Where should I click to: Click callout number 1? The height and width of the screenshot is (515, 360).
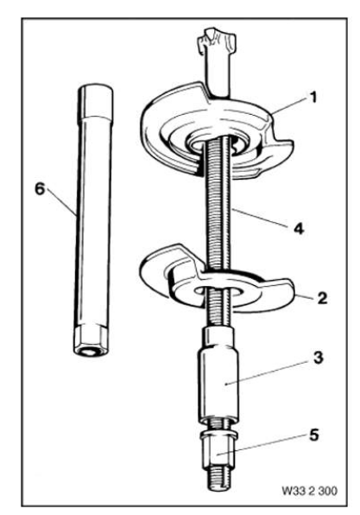pos(313,98)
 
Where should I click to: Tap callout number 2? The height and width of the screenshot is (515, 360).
pos(322,298)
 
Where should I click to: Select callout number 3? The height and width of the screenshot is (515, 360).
pos(318,358)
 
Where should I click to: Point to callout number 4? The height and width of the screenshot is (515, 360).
pos(299,229)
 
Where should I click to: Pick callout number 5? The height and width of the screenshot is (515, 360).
pos(313,436)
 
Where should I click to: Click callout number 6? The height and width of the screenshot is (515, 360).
pos(40,189)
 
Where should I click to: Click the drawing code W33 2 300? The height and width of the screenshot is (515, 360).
pos(309,491)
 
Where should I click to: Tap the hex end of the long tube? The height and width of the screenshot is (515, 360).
pos(91,341)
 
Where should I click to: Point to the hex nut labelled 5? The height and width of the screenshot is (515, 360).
pos(218,449)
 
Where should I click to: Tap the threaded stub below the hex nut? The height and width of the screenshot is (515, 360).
pos(218,480)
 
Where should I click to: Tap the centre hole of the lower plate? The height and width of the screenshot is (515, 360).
pos(218,290)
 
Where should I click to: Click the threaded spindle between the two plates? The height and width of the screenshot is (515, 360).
pos(218,210)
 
